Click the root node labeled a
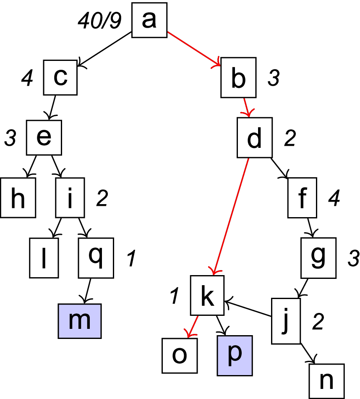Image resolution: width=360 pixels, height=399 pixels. tap(149, 20)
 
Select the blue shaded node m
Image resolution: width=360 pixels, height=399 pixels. tap(80, 320)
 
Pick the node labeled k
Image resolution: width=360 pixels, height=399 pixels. tap(208, 295)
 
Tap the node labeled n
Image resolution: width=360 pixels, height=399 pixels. tap(326, 381)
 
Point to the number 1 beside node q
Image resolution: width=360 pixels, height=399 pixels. tap(130, 260)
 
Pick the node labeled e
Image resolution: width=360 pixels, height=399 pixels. tap(44, 137)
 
